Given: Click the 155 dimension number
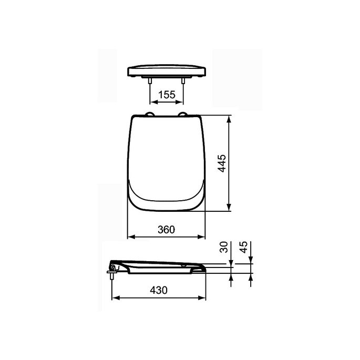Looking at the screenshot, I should point(167,95).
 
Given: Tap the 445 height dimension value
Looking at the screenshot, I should point(222,163).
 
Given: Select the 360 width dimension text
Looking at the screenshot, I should point(167,229).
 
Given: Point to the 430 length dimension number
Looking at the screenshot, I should point(159,290).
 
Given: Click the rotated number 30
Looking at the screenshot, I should point(223,248).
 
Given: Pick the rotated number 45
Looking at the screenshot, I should point(243,248).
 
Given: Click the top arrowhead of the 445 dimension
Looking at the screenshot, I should point(230,119).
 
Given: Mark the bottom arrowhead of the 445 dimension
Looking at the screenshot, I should point(230,208).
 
